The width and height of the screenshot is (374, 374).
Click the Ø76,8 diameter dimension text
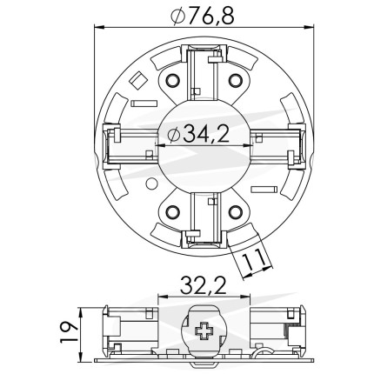coord(202,17)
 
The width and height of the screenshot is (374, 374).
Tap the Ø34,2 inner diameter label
coord(198,134)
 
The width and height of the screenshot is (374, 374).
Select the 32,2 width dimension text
coord(204,285)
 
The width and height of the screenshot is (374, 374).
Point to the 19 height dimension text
coord(69,331)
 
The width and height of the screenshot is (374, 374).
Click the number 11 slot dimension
coord(254,259)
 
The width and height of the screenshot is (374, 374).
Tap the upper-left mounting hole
coord(172,81)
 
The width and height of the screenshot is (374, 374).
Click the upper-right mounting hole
coord(235,80)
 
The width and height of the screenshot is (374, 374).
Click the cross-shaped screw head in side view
coord(204,331)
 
